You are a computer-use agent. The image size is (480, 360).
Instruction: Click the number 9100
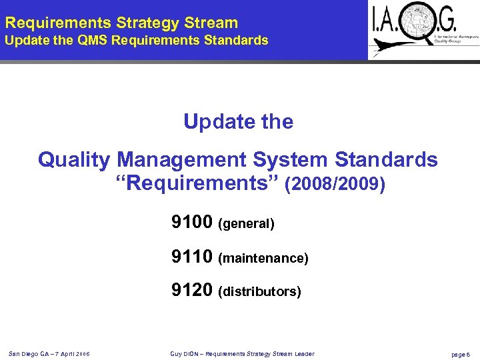click(x=192, y=222)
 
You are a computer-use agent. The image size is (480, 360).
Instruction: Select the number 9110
click(x=192, y=256)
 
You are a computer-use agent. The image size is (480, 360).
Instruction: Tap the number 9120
click(x=192, y=290)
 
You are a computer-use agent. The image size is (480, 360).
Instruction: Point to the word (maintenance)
click(x=263, y=258)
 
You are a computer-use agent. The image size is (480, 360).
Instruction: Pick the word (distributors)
click(x=259, y=292)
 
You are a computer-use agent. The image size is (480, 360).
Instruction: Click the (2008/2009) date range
click(x=335, y=184)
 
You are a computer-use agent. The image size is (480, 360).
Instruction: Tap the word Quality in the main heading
click(x=74, y=161)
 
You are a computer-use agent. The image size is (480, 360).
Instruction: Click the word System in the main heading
click(x=291, y=160)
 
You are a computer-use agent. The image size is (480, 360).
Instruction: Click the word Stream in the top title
click(x=212, y=23)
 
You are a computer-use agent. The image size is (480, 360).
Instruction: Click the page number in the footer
click(x=461, y=354)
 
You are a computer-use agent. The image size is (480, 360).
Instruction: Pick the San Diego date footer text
click(x=50, y=353)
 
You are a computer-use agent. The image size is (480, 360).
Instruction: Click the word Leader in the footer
click(x=303, y=353)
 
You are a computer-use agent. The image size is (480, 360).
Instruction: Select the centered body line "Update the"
click(x=238, y=122)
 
